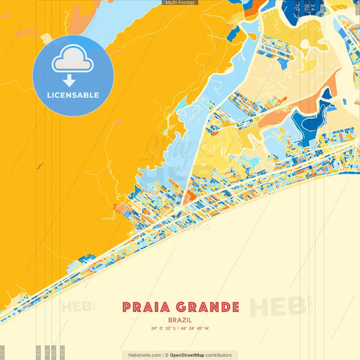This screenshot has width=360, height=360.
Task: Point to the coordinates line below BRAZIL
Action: click(180, 330)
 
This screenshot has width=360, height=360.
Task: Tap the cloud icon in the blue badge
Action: click(73, 61)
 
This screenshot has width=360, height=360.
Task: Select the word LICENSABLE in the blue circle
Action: click(73, 95)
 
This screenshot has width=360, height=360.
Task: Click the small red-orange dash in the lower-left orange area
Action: click(39, 165)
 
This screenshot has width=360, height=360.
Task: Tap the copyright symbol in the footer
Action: click(165, 355)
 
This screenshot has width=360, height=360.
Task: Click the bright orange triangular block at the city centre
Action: click(189, 197)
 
